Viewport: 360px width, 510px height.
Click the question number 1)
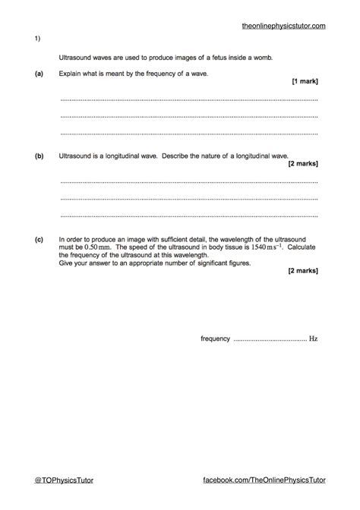click(x=36, y=39)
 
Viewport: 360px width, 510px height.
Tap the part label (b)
click(x=38, y=155)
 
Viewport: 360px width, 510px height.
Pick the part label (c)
click(x=38, y=238)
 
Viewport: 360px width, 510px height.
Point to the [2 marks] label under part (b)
click(x=303, y=163)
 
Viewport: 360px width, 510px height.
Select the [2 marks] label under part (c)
click(x=303, y=270)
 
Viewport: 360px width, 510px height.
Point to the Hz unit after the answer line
click(x=313, y=338)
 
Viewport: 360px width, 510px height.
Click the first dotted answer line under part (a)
click(x=188, y=99)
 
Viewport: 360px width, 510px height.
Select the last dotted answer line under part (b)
click(x=188, y=216)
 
